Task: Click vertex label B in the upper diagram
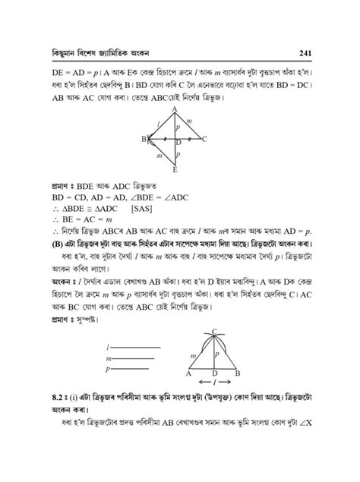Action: pos(143,139)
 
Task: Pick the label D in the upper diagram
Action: pos(178,143)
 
